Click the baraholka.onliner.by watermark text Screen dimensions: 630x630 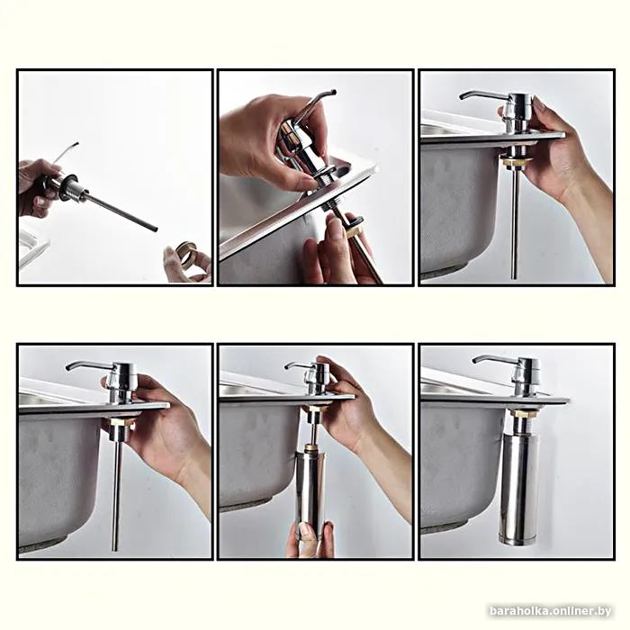(x=551, y=611)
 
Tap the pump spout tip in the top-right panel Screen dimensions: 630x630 (x=462, y=97)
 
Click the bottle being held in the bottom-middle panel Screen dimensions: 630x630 (x=310, y=494)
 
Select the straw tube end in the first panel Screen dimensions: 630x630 (x=155, y=229)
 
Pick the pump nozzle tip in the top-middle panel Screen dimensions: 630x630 (x=334, y=92)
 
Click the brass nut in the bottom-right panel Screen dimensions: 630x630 (x=521, y=413)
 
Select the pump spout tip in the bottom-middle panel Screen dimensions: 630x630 (x=287, y=366)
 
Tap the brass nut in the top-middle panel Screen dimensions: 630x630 (x=355, y=231)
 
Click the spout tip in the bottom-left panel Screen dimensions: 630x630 (x=68, y=367)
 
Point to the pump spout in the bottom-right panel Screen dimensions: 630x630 (x=492, y=359)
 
